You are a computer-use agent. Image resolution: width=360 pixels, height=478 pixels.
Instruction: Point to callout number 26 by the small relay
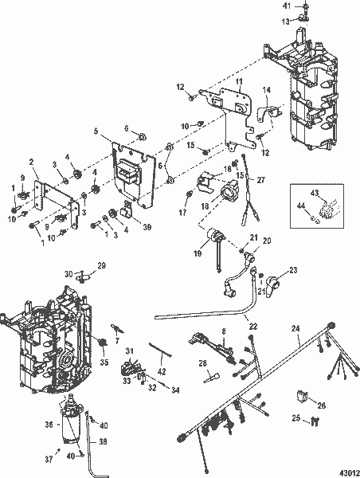tap(321, 405)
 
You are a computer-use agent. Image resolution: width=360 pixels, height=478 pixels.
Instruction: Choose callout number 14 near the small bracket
tap(268, 88)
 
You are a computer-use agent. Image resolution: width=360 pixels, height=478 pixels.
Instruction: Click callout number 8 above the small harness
tap(225, 329)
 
